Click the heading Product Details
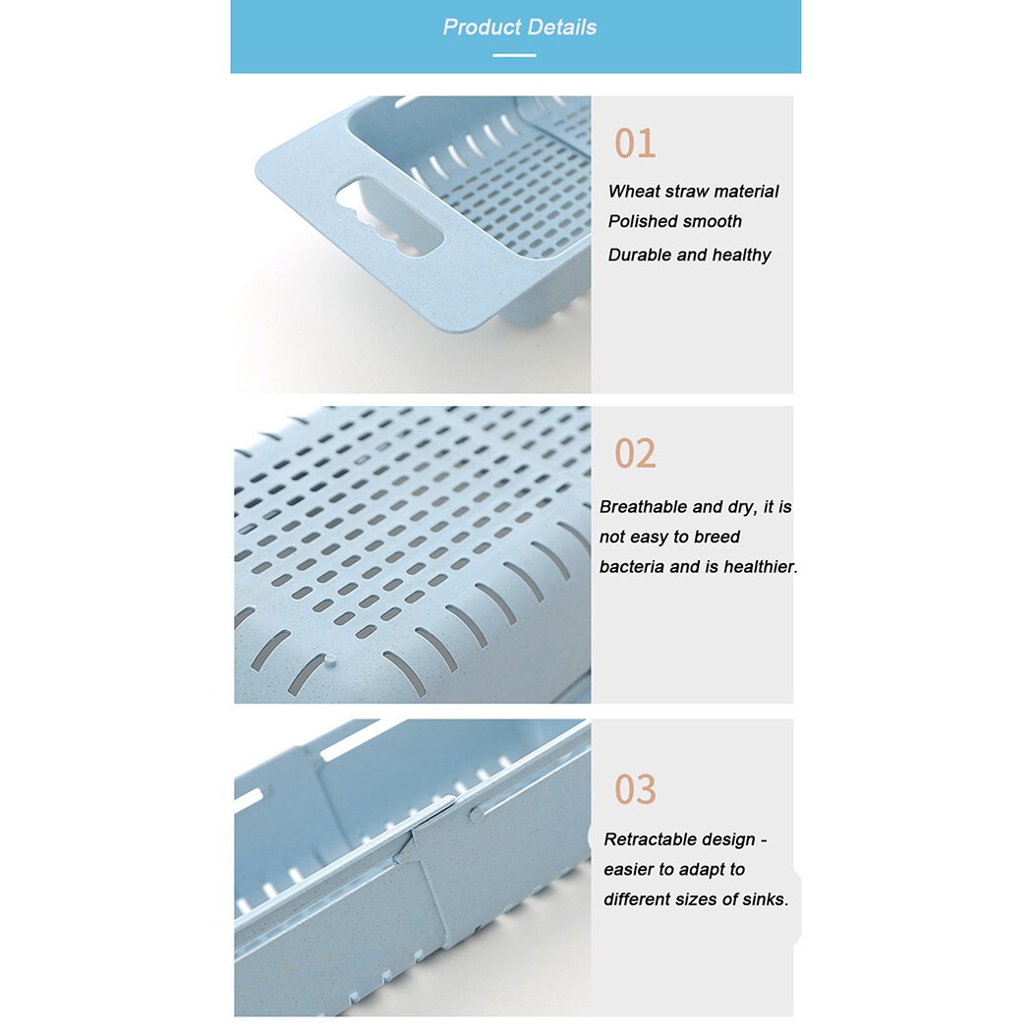click(x=519, y=27)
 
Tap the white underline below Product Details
click(x=514, y=55)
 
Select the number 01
click(x=635, y=143)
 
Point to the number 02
click(x=635, y=453)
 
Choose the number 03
click(x=635, y=789)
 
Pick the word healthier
click(x=760, y=567)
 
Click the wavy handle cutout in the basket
click(x=389, y=216)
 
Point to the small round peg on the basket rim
click(x=329, y=659)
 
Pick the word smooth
click(x=712, y=222)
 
